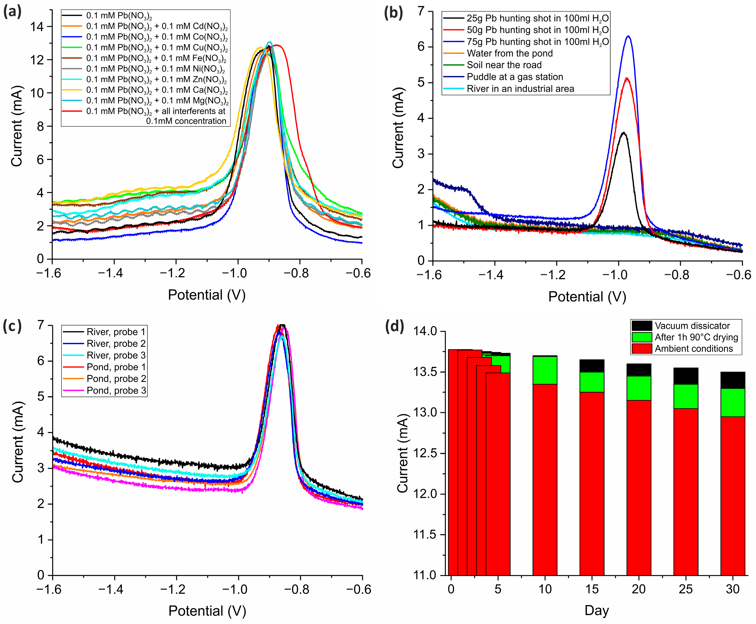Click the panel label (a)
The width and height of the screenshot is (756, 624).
point(12,12)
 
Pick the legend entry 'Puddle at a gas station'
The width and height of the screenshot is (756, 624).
point(515,77)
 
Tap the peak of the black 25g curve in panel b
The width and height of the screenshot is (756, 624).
point(623,133)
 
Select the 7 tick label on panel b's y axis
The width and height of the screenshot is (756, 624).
point(421,12)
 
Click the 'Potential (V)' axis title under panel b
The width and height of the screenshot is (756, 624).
point(587,297)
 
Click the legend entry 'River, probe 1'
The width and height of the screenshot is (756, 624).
point(116,332)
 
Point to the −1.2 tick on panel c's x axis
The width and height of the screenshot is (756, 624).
point(176,589)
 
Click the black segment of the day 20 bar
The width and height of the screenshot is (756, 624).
point(639,370)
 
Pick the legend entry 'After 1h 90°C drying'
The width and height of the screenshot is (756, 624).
point(696,337)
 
